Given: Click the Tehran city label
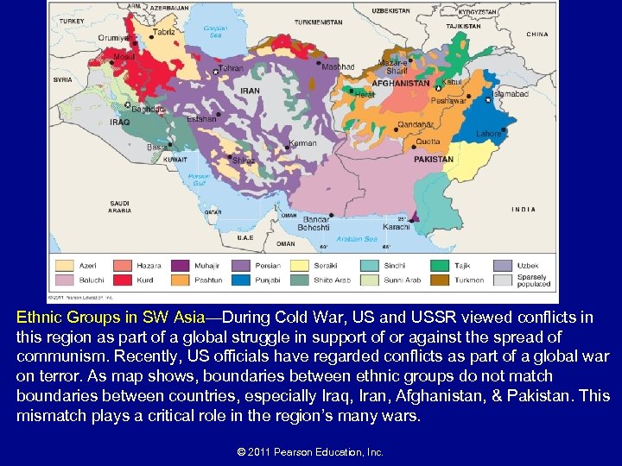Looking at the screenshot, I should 231,68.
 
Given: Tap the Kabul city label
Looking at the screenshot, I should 452,83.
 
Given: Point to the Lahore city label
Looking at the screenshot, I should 488,134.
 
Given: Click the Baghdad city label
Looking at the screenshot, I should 148,110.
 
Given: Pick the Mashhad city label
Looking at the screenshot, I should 338,66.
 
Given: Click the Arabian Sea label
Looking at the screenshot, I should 357,239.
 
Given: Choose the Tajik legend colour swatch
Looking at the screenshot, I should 441,266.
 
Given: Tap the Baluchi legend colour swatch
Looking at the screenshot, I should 66,280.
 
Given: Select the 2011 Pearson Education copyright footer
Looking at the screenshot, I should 310,452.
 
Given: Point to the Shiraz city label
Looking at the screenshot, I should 244,160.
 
